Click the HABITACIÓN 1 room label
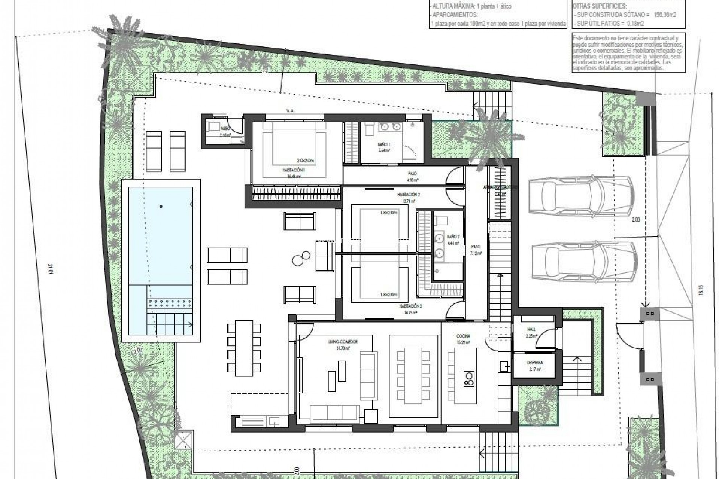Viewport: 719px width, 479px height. click(x=294, y=170)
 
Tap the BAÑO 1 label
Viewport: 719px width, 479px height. click(x=384, y=144)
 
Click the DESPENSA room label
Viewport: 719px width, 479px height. click(x=534, y=363)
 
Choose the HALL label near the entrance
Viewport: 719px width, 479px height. click(x=531, y=330)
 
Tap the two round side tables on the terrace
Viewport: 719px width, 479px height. click(x=301, y=258)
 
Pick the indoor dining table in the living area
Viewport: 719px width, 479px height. click(x=413, y=375)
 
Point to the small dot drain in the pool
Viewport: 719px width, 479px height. click(x=161, y=206)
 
